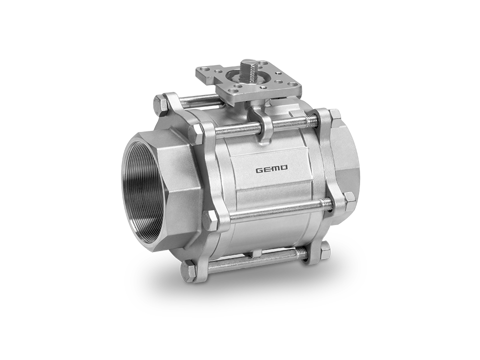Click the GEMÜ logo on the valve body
coord(271,169)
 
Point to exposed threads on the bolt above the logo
coord(311,120)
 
